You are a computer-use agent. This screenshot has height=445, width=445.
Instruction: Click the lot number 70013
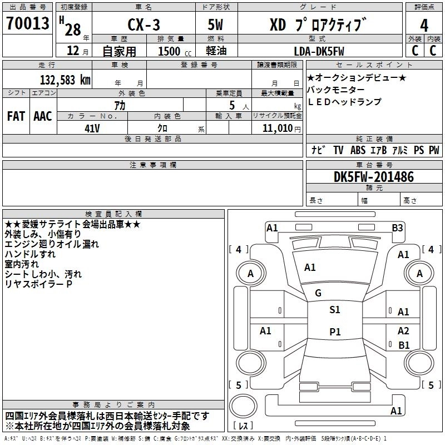tap(27, 24)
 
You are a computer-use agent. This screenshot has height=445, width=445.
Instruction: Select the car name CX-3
tap(142, 25)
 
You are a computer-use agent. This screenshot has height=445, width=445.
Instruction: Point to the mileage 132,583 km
tap(65, 80)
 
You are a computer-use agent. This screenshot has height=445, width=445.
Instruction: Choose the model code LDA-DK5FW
tap(319, 51)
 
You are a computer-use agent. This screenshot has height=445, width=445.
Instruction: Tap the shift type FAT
tap(16, 116)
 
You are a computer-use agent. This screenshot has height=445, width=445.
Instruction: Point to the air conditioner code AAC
tap(42, 116)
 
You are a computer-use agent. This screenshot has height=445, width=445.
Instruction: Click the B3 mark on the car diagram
tap(397, 228)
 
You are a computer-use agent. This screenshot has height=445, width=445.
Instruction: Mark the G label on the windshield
tap(318, 293)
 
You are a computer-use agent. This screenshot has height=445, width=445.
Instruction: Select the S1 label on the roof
tap(334, 310)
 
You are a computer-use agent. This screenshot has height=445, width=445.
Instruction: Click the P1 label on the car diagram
tap(334, 332)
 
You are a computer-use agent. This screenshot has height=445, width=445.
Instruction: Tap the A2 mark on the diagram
tap(403, 330)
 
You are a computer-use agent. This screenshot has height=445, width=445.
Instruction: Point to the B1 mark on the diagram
tap(404, 345)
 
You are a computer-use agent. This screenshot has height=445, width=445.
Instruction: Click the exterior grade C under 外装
tap(414, 51)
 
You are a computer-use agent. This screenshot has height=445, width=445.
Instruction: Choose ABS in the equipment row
tap(358, 150)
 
